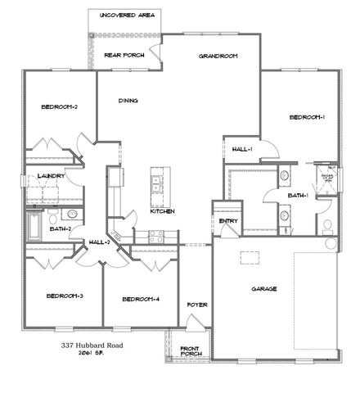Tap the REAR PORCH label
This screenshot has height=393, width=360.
[x=124, y=55]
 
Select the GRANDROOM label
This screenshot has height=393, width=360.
[x=218, y=56]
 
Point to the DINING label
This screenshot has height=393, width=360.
[x=127, y=102]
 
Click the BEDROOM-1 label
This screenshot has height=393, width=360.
[x=308, y=118]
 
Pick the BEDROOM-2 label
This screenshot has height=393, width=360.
[x=59, y=106]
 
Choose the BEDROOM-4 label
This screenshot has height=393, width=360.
[x=140, y=299]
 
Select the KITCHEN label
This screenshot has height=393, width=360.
[x=162, y=211]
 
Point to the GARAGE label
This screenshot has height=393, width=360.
[x=264, y=289]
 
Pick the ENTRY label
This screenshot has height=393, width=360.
[x=227, y=221]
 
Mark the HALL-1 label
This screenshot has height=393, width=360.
[x=242, y=149]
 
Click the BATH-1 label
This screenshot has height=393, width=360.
[x=296, y=196]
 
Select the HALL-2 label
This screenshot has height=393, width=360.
[x=101, y=242]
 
